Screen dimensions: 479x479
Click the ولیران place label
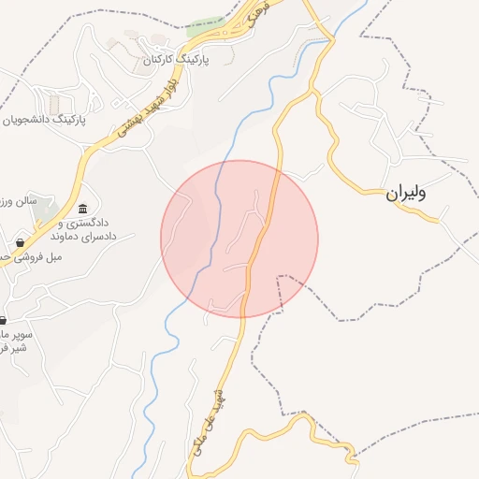405,194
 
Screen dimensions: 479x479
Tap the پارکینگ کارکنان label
174,59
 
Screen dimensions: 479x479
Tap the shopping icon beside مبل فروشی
20,242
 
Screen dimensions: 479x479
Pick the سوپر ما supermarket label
17,333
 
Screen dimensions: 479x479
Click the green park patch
206,26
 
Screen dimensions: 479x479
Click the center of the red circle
239,239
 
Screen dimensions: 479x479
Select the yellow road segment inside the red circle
261,234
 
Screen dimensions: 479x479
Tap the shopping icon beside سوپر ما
5,319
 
